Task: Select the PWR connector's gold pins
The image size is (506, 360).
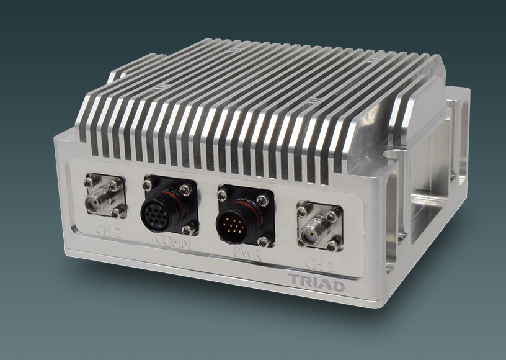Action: point(236,220)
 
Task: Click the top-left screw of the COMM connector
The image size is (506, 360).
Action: point(148,184)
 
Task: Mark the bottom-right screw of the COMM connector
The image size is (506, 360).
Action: point(188,230)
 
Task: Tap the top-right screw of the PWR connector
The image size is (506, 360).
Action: point(264,200)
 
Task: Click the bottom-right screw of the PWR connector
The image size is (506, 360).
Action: point(263,241)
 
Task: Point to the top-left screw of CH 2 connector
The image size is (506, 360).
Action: point(90,182)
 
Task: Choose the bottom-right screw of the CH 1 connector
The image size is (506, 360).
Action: point(334,245)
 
